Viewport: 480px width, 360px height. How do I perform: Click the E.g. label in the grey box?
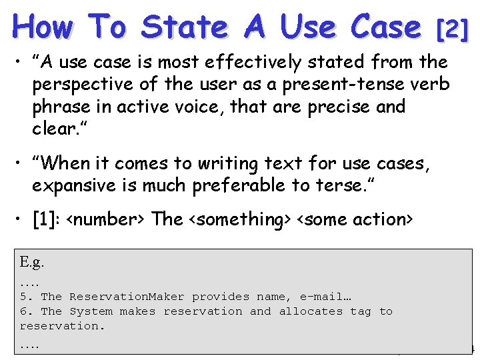pos(31,262)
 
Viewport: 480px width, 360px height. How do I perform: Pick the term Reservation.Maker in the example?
pos(127,297)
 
